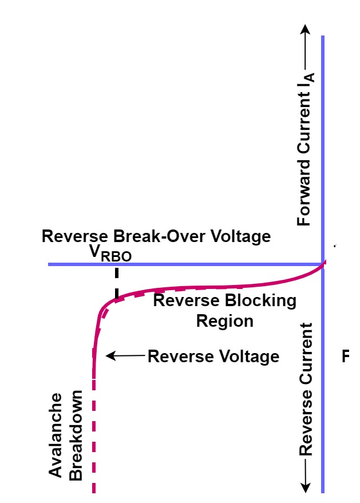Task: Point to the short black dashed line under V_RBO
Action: tap(117, 283)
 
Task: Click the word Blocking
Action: tap(260, 301)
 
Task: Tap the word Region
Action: tap(224, 320)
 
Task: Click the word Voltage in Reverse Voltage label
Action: tap(248, 357)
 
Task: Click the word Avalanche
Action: tap(56, 435)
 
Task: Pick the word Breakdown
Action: tap(76, 435)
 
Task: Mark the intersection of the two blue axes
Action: tap(323, 264)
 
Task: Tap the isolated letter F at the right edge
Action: tap(346, 357)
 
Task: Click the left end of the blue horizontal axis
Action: tap(50, 264)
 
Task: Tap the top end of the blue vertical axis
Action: tap(323, 37)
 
